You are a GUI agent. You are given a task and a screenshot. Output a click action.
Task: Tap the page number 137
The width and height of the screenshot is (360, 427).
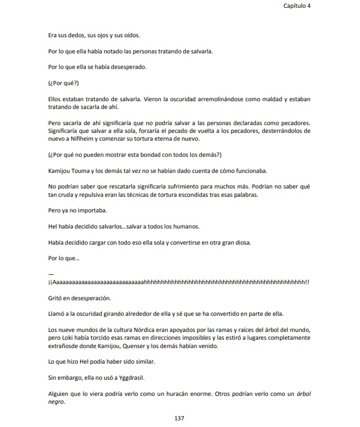(179, 418)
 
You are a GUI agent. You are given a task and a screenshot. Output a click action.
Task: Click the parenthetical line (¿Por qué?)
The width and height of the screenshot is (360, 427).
(63, 83)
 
